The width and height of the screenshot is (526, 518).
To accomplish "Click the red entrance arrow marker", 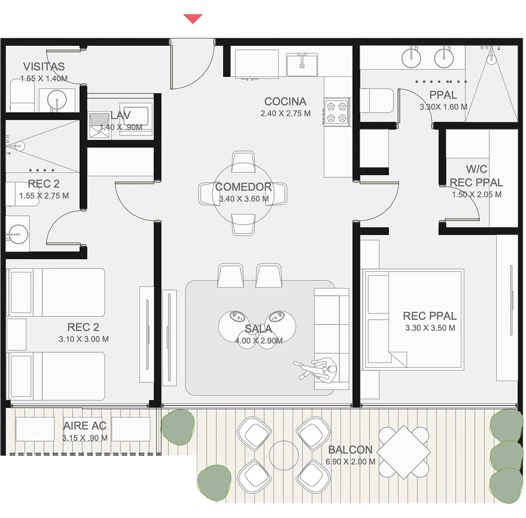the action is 193,18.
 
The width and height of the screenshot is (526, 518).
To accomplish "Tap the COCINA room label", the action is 285,102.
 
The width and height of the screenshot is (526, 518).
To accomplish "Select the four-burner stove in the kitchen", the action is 336,112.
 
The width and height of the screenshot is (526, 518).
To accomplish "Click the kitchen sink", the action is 302,65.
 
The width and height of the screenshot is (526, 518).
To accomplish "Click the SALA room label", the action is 258,328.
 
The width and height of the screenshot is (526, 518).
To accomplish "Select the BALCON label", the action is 350,449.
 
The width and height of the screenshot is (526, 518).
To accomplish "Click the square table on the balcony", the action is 404,452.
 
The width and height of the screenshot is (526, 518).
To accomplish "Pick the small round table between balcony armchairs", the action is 284,455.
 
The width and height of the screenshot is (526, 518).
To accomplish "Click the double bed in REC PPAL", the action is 412,319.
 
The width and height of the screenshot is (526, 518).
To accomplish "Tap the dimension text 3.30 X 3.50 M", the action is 430,328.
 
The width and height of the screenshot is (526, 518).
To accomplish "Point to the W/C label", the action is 476,169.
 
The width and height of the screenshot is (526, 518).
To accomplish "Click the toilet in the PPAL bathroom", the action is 377,100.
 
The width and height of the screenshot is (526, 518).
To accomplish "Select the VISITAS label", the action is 44,66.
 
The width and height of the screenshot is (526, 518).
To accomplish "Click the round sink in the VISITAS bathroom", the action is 57,100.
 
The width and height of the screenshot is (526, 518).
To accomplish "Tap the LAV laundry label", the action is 120,116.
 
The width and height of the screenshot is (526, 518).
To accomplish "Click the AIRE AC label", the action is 85,426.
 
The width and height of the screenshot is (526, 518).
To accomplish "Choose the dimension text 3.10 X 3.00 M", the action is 83,339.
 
